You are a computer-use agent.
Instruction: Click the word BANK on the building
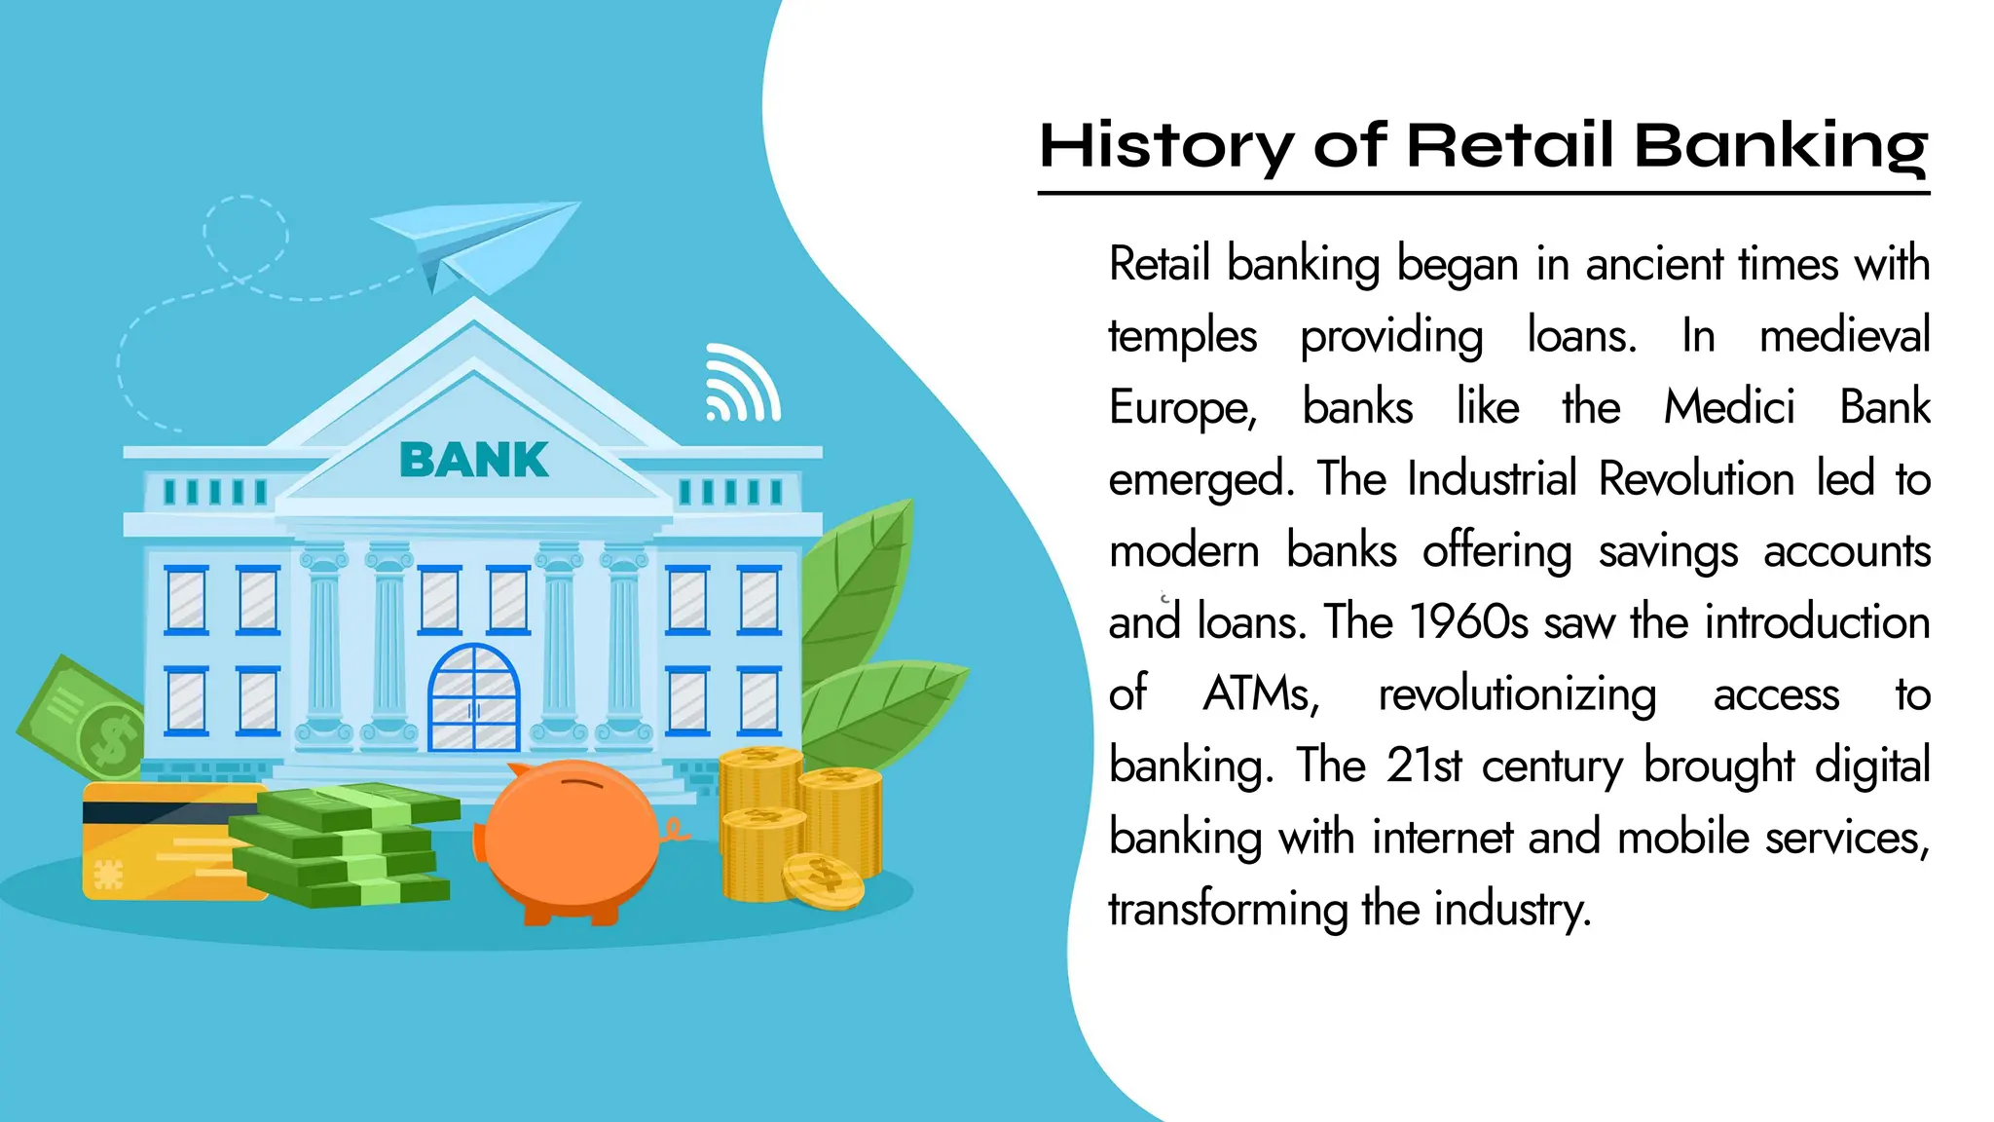(474, 460)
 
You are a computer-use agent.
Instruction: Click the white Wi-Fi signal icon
(742, 385)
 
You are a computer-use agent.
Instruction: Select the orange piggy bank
(572, 838)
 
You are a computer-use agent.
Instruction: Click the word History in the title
(1164, 146)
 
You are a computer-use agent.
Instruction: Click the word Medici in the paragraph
(1729, 407)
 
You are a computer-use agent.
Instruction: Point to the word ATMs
(1261, 694)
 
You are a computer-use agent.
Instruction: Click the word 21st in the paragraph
(1423, 766)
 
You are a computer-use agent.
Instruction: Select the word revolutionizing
(1517, 694)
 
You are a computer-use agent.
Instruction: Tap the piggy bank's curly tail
(675, 831)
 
